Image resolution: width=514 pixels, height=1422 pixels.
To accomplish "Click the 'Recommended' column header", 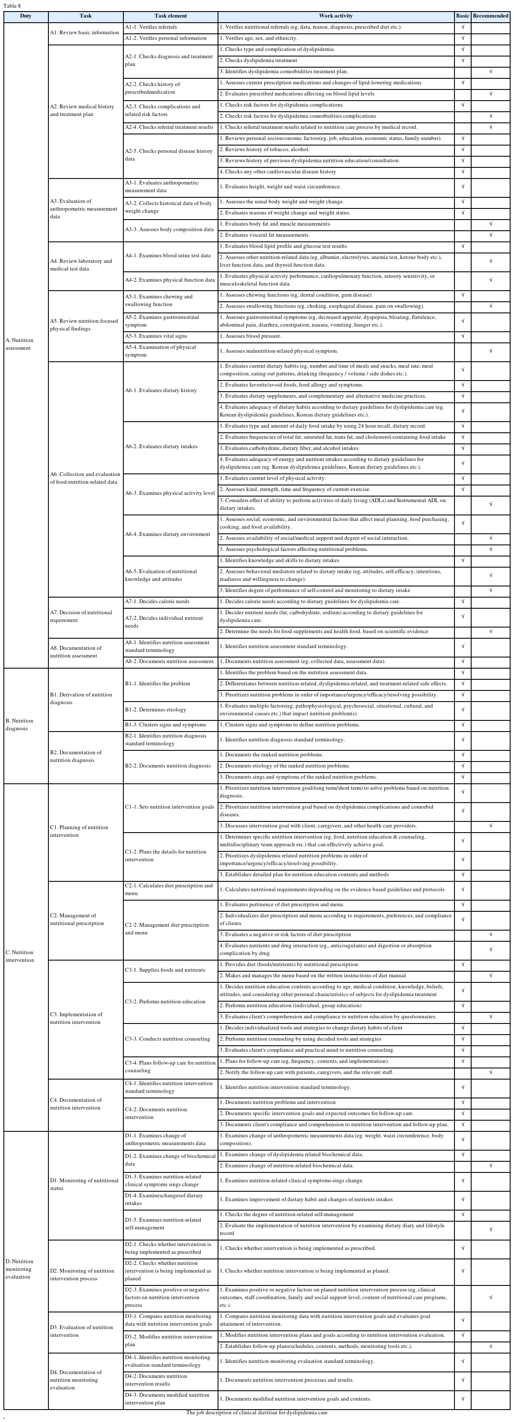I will (490, 16).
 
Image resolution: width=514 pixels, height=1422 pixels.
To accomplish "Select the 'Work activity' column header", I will (336, 16).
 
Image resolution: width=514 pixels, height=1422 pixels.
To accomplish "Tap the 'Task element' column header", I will (170, 16).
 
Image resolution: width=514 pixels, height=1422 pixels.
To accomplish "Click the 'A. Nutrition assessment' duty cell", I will (19, 344).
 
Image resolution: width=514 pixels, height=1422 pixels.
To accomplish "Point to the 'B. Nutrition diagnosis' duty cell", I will (19, 724).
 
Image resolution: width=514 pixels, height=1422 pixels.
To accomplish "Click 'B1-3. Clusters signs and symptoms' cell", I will (165, 724).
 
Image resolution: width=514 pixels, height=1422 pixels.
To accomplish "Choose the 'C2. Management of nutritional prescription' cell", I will (77, 919).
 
